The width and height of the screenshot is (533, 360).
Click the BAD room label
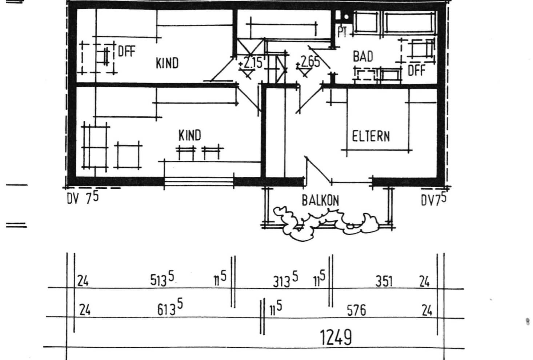tap(363, 57)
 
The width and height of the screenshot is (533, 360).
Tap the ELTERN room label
tap(371, 136)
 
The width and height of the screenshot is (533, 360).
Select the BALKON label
tap(320, 201)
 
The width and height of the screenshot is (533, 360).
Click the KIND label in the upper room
tap(167, 63)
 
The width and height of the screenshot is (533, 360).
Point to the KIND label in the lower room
tap(190, 135)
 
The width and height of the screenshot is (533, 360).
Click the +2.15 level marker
tap(250, 63)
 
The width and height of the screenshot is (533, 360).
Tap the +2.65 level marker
tap(308, 62)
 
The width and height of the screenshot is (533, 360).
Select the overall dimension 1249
tap(336, 337)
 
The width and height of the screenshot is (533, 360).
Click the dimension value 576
tap(356, 311)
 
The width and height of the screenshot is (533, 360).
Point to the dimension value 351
tap(384, 281)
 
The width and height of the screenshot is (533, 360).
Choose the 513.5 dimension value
tap(162, 279)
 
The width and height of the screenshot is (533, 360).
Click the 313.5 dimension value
tap(285, 280)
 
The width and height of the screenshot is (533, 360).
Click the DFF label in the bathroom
tap(416, 71)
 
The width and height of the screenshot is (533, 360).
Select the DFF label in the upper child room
tap(127, 51)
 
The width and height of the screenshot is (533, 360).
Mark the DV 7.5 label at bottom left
tap(83, 198)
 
